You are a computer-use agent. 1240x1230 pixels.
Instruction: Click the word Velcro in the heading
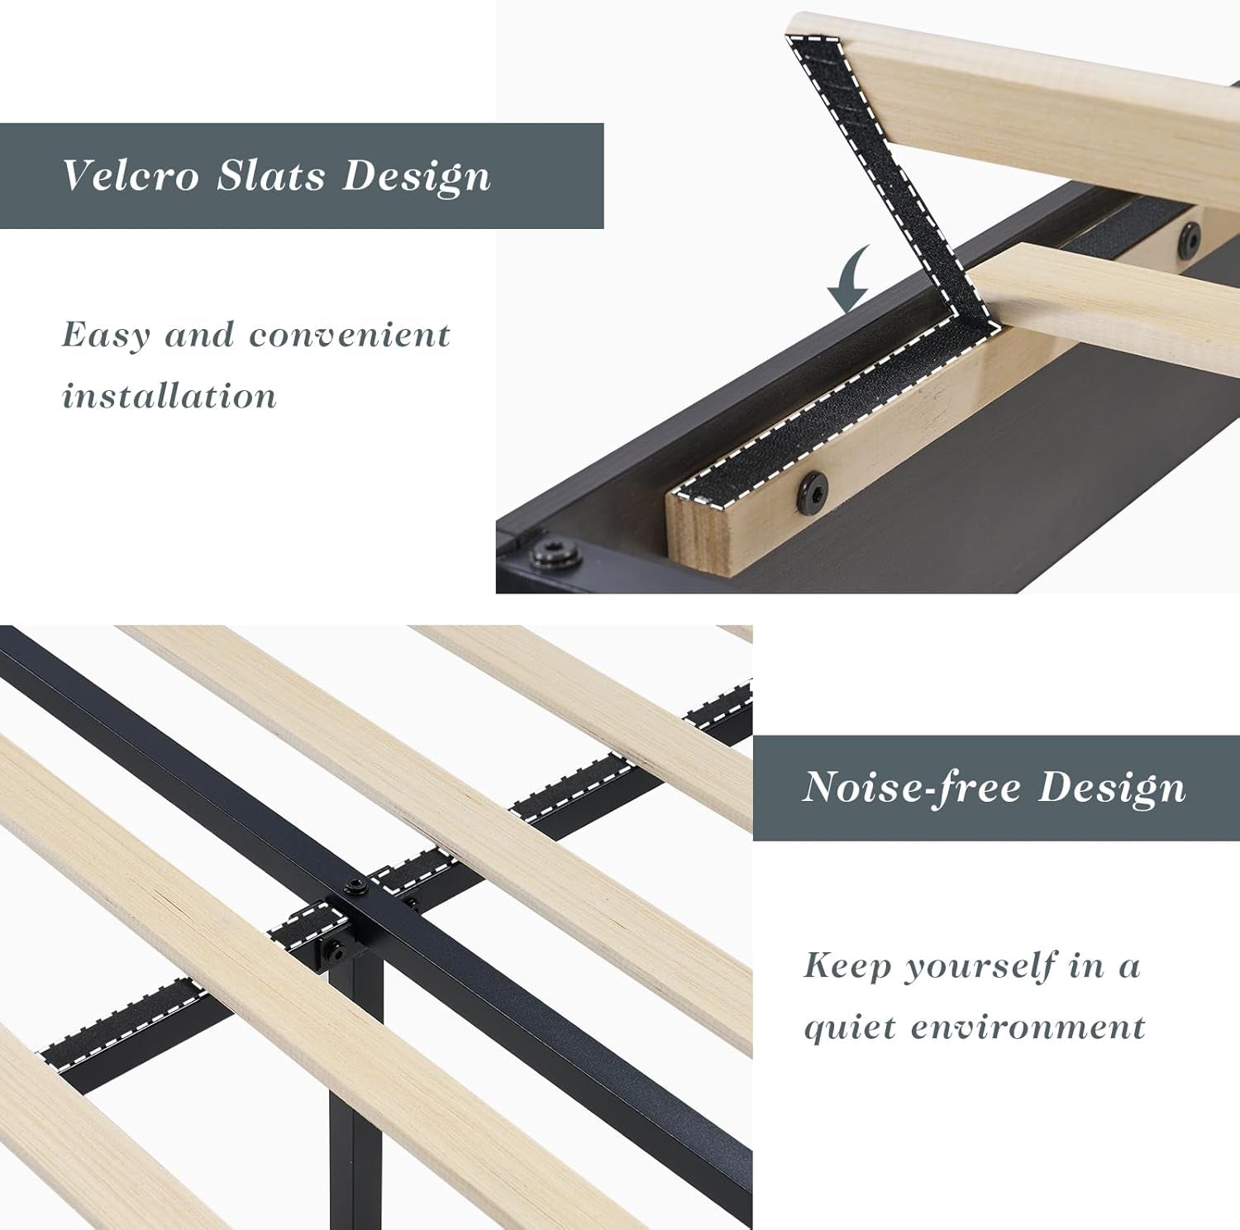(131, 175)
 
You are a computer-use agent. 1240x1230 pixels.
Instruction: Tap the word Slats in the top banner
(271, 175)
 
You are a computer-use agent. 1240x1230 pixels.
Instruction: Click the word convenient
(350, 336)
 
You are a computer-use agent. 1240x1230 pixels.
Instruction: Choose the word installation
(169, 396)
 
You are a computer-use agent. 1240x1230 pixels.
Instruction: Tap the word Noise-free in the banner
(911, 787)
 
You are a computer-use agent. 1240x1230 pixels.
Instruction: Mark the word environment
(1028, 1027)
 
